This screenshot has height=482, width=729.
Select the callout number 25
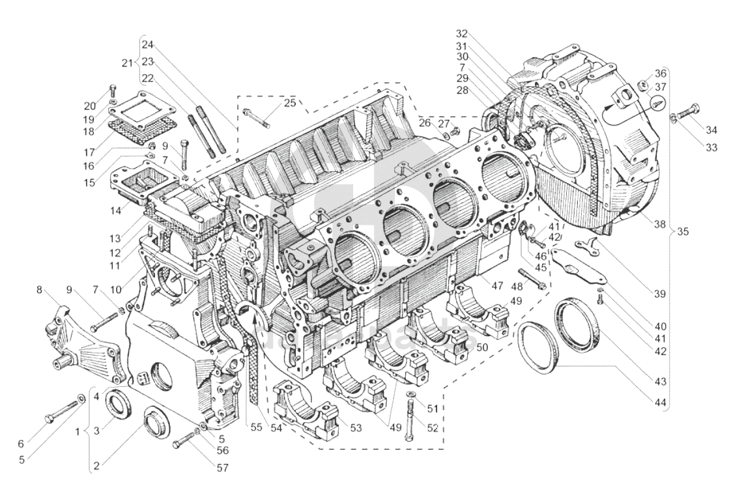point(289,103)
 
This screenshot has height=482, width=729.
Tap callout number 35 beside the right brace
point(683,231)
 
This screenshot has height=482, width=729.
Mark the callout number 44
point(661,403)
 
